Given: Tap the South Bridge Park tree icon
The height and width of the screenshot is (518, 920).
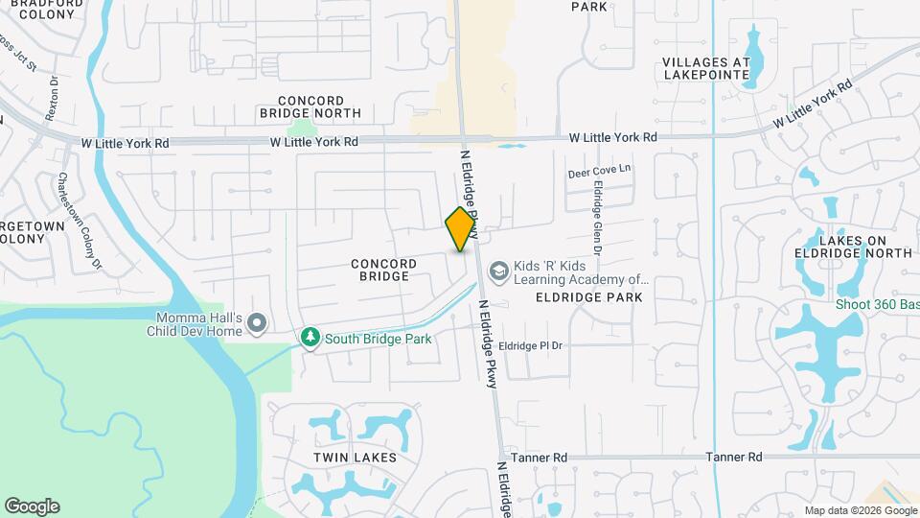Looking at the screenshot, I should point(310,338).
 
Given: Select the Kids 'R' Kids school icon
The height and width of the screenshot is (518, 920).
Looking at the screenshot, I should point(497,271).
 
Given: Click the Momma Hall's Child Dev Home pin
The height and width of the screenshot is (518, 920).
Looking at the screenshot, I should point(256,323).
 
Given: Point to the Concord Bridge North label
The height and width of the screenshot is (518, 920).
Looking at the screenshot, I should point(310,106).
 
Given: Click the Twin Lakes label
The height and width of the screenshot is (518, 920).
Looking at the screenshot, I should point(355,458).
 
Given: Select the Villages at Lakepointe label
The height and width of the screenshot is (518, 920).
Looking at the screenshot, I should point(704,67).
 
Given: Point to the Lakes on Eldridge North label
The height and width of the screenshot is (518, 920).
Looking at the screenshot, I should point(853,246).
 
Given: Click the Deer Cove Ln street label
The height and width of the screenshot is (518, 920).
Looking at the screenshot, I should point(600,172).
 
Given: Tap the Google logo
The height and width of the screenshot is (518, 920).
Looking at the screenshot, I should point(32,506).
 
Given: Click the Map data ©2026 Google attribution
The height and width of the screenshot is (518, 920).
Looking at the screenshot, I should point(860,510).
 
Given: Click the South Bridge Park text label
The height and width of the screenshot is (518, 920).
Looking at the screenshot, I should point(378,339).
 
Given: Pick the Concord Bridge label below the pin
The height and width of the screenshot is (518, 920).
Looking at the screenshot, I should point(383,270).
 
